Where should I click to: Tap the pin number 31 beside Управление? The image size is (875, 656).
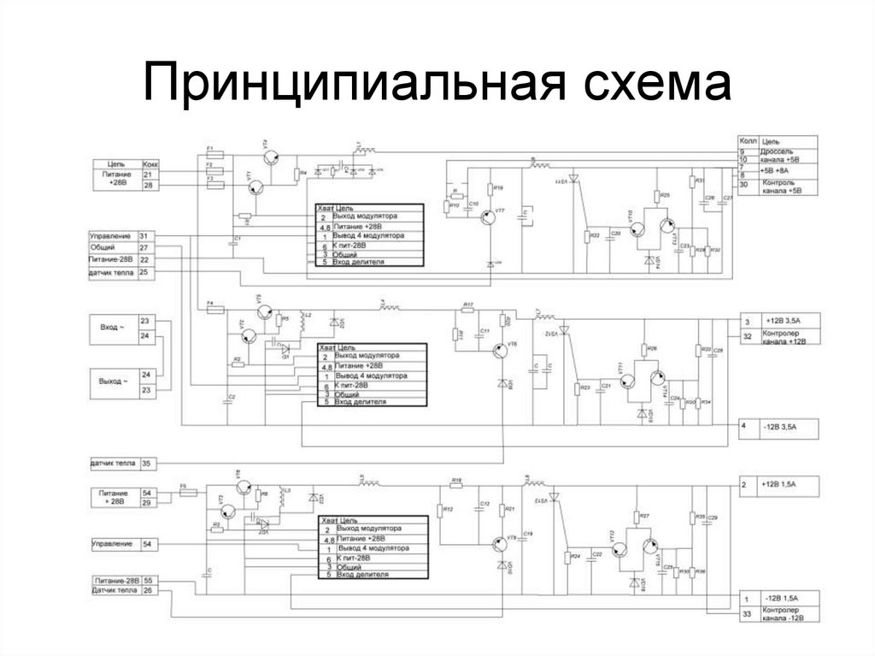(144, 235)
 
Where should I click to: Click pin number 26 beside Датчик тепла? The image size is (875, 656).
(148, 590)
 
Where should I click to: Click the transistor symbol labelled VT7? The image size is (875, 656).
(490, 218)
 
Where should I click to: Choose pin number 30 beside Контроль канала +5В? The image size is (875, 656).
(743, 184)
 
